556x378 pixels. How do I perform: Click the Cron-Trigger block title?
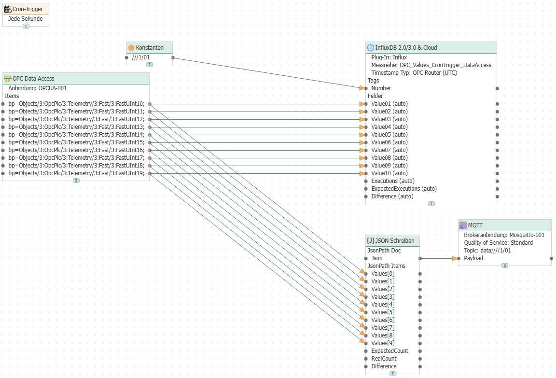coord(28,9)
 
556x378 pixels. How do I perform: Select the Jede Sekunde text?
coord(26,19)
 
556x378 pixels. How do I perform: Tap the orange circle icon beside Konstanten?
coord(131,47)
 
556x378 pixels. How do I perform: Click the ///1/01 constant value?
coord(141,57)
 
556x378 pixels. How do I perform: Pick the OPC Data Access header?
coord(33,79)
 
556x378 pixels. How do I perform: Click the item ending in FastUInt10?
coord(77,104)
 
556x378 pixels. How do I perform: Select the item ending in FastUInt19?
coord(77,173)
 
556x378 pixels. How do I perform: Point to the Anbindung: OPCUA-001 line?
coord(38,88)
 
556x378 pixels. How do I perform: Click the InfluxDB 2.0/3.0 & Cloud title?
coord(406,47)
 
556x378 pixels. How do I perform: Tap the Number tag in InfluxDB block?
coord(381,88)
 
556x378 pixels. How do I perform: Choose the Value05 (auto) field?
coord(389,135)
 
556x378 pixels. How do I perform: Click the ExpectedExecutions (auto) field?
coord(404,189)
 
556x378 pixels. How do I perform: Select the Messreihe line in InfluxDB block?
coord(431,65)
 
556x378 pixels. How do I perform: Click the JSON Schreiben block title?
coord(395,241)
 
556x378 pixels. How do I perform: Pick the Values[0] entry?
coord(383,274)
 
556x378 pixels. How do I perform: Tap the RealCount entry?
coord(384,359)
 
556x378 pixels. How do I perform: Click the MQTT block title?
coord(475,225)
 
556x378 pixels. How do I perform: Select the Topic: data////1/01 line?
coord(487,251)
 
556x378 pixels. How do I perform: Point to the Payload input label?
coord(473,258)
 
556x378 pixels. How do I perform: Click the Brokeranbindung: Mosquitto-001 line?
coord(504,235)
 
